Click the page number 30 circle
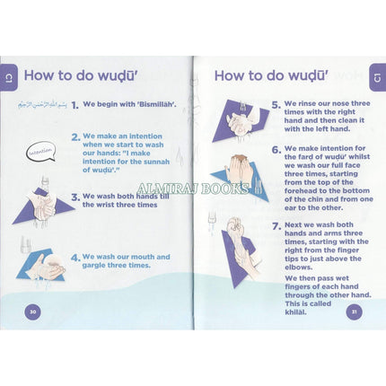32,311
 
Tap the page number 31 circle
354,311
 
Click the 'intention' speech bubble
40,152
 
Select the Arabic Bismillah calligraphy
42,105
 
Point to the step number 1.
75,105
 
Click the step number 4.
75,258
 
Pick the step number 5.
276,105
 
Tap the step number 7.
276,226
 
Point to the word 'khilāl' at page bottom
295,312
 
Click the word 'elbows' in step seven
298,268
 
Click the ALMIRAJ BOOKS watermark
193,189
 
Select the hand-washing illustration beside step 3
43,203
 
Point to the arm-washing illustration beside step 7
238,251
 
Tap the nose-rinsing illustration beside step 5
241,121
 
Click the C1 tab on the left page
8,77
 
